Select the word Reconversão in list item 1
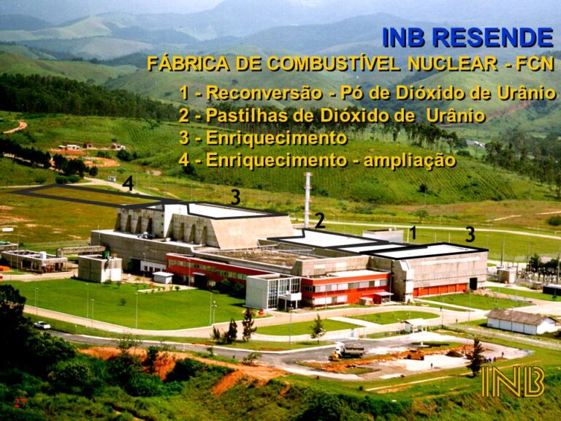pyautogui.click(x=264, y=93)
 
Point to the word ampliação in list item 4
pyautogui.click(x=410, y=159)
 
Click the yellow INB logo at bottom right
pyautogui.click(x=513, y=381)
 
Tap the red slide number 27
pyautogui.click(x=20, y=403)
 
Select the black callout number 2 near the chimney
pyautogui.click(x=320, y=221)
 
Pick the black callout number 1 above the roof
pyautogui.click(x=413, y=232)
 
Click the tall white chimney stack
pyautogui.click(x=308, y=200)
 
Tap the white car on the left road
pyautogui.click(x=42, y=325)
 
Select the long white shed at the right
pyautogui.click(x=522, y=321)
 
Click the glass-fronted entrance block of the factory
pyautogui.click(x=274, y=292)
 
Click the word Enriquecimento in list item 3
pyautogui.click(x=276, y=138)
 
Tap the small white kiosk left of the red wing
pyautogui.click(x=163, y=278)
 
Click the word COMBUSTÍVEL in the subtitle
pyautogui.click(x=333, y=64)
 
